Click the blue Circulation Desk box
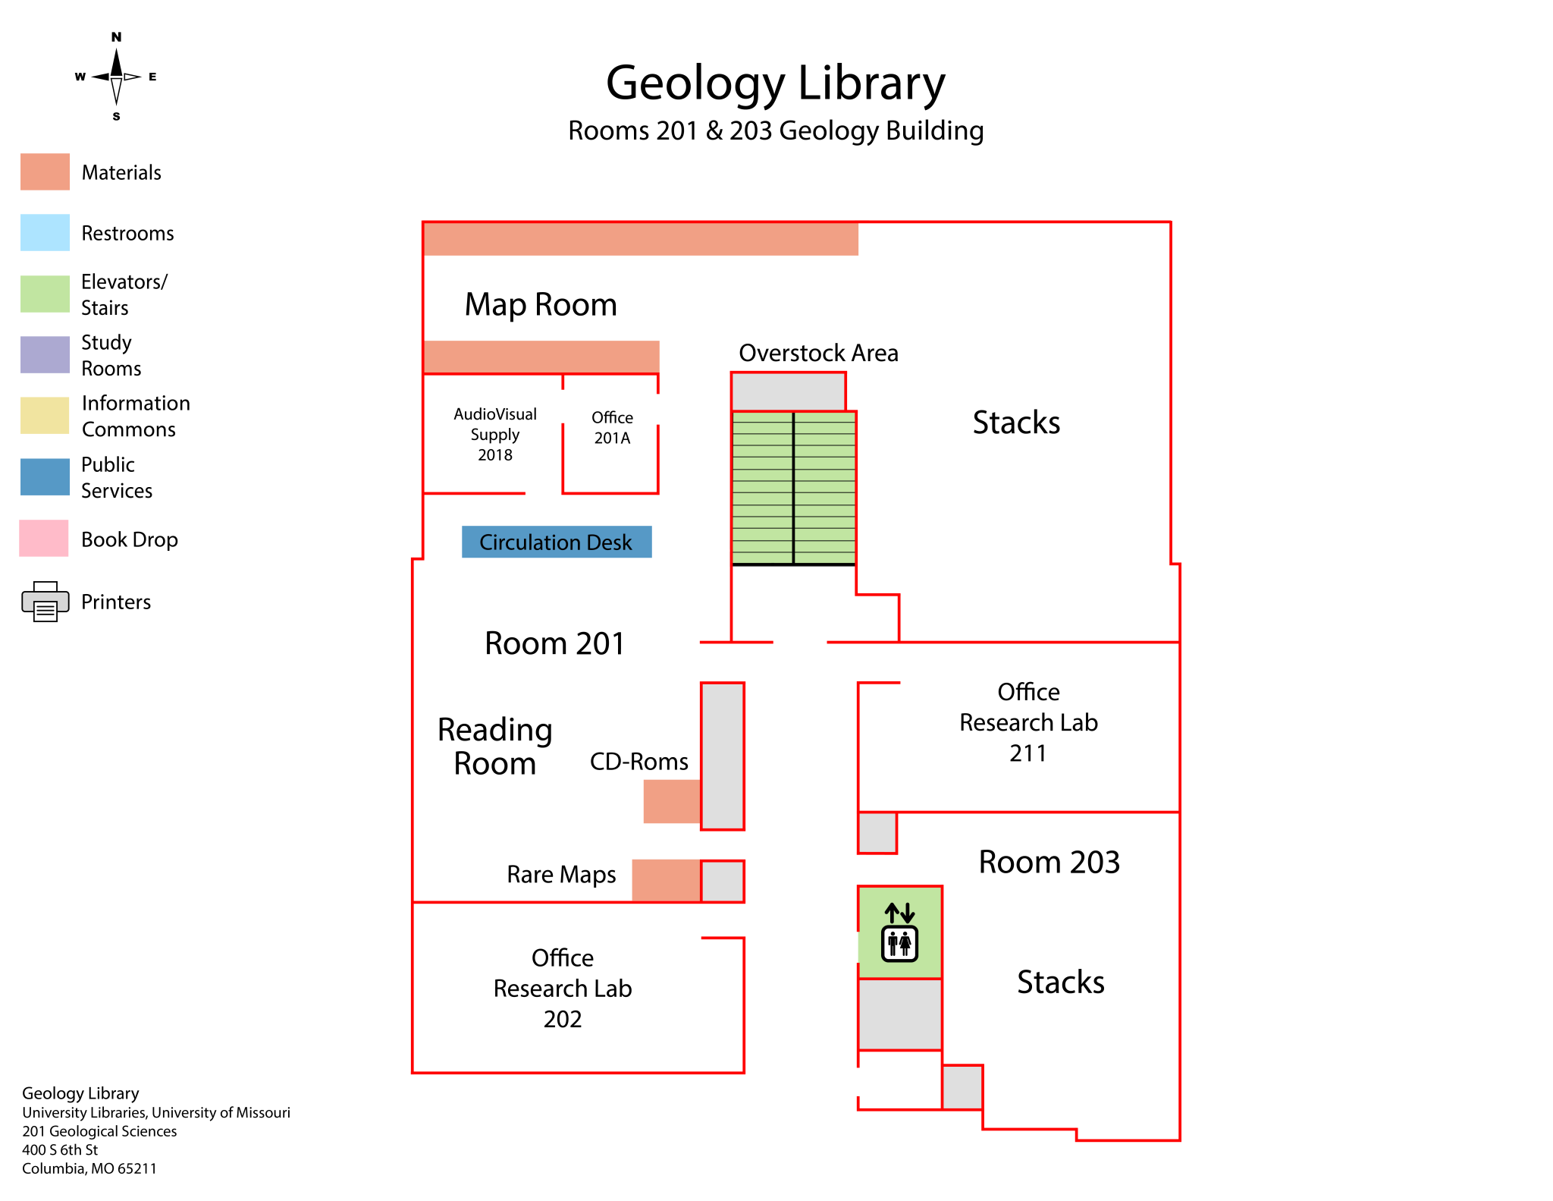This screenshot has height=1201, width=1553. [557, 542]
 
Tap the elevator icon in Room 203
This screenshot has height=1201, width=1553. [900, 932]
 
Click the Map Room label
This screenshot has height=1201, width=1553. [541, 304]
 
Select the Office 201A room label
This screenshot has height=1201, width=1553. [612, 428]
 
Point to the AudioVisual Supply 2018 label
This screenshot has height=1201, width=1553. [495, 434]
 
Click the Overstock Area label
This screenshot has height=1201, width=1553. [818, 353]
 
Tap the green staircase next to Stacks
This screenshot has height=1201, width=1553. [794, 488]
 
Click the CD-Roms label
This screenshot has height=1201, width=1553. [639, 761]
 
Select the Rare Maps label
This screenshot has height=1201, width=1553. [561, 875]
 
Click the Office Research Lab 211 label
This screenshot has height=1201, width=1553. [1028, 722]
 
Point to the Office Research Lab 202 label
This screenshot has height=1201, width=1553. [563, 988]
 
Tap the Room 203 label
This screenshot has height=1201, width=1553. [1049, 862]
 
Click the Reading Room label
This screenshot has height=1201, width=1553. [495, 747]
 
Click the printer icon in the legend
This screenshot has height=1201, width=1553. [45, 602]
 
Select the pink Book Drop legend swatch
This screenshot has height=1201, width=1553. [44, 538]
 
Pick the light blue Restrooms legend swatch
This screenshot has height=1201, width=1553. [45, 232]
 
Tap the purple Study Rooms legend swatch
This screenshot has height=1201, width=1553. [45, 354]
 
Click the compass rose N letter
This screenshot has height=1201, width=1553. [116, 36]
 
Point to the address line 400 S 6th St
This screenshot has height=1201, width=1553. [60, 1149]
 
